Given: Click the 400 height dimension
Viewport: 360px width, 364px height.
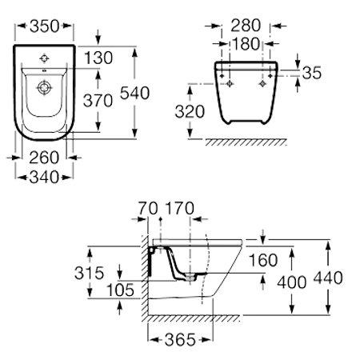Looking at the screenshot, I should [293, 282].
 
